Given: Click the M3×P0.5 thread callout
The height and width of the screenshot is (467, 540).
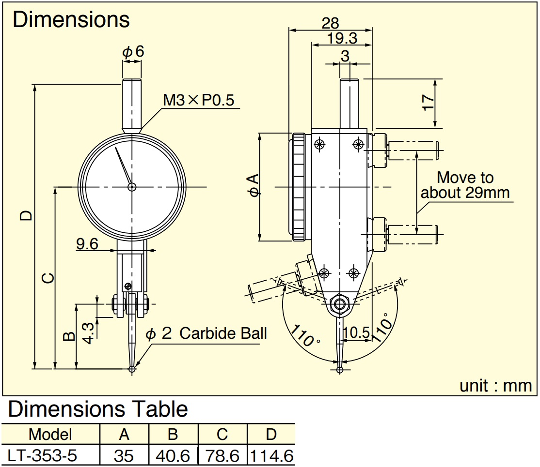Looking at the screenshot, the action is pos(198,100).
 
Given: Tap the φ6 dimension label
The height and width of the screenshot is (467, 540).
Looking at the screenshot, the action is pos(133,52).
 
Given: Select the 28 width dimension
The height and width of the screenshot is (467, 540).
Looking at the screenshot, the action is pos(330,23).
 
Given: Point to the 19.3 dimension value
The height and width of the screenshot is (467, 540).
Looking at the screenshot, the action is pos(342,38).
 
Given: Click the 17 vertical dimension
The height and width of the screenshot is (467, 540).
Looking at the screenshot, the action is pos(428,103).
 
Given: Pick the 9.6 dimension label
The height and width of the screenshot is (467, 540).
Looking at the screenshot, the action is pos(87,244).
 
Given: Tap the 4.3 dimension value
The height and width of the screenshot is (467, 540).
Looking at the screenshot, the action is pos(89,333).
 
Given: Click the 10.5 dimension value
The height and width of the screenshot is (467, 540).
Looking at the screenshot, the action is pos(356,332).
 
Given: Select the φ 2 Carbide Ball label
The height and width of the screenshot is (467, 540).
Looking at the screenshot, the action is pos(206,333).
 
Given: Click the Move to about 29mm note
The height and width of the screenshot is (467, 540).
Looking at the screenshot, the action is pos(465,185).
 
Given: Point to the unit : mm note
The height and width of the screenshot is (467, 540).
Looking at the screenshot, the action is pos(495,386).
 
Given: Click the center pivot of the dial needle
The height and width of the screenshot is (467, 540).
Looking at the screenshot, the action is pos(131,187).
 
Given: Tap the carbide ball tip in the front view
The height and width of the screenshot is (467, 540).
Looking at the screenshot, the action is pos(132,369).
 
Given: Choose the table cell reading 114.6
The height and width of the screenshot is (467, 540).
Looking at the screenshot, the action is pos(271,456).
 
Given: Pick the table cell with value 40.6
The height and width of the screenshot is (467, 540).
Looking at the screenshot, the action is pos(173,456).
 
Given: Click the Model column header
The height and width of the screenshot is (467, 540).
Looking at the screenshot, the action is pos(50,434).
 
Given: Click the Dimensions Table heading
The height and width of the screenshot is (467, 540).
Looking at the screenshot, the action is pos(98,409).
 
